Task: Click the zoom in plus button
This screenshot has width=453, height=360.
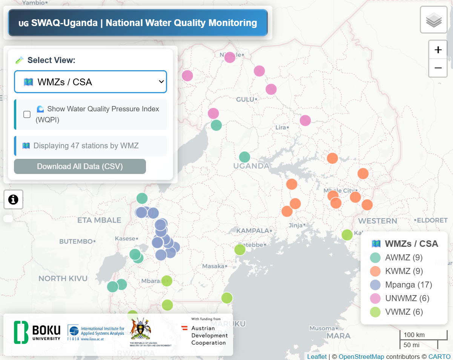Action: click(x=438, y=50)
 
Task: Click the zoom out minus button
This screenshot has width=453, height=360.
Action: click(x=438, y=68)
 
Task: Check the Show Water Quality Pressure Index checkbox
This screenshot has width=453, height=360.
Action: click(x=27, y=114)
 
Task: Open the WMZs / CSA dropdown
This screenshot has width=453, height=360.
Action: click(x=91, y=82)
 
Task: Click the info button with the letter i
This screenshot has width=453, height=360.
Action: click(x=13, y=199)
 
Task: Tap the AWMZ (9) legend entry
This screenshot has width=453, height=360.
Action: click(x=404, y=258)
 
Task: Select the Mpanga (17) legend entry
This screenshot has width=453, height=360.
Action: click(x=408, y=285)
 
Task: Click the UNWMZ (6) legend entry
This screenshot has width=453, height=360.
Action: click(x=407, y=298)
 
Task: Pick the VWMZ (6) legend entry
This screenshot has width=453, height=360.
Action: click(x=404, y=312)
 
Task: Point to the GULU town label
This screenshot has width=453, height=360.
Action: click(x=245, y=100)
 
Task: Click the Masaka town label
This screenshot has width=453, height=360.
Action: click(x=213, y=266)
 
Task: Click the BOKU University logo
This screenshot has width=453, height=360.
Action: click(x=37, y=332)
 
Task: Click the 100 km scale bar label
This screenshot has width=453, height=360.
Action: click(x=414, y=335)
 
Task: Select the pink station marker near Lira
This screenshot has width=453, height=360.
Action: click(x=305, y=121)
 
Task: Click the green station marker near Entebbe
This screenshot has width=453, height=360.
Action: click(x=240, y=249)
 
